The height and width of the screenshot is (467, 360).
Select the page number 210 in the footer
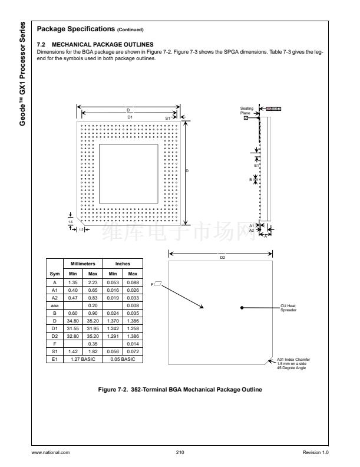pos(180,452)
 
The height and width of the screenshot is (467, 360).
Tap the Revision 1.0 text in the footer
pos(316,452)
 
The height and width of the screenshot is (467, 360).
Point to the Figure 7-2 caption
pos(180,390)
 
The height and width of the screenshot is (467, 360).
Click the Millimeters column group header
pos(83,264)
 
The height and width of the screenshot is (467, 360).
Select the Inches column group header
pos(123,264)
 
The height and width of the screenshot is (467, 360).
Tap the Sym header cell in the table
pos(55,274)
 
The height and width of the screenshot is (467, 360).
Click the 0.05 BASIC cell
pos(123,357)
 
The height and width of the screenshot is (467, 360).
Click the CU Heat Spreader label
pos(288,308)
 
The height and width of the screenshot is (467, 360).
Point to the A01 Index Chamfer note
pos(293,364)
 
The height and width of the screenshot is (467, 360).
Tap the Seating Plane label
pos(246,110)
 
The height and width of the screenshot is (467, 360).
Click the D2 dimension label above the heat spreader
pos(222,258)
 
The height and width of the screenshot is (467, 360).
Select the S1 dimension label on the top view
pos(167,118)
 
